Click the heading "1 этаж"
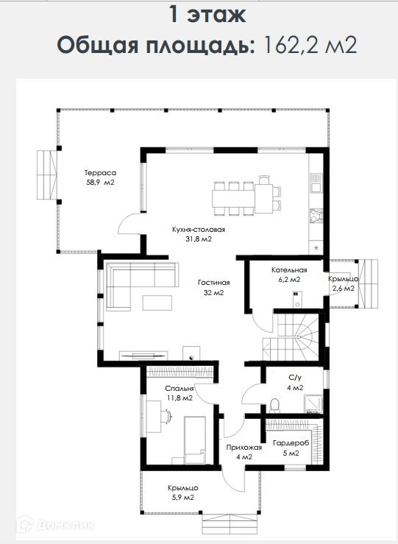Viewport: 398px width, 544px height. coord(207,14)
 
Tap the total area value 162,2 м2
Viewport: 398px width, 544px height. coord(310,45)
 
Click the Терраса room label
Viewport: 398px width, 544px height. coord(100,173)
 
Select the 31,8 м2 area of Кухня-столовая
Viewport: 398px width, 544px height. coord(199,239)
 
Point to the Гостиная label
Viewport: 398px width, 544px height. coord(214,283)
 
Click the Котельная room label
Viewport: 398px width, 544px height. coord(289,270)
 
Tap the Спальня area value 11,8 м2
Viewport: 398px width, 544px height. coord(180,398)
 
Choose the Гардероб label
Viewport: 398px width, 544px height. coord(291,443)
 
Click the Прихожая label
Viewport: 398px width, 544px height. coord(244,448)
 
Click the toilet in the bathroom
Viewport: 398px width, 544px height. coord(274,406)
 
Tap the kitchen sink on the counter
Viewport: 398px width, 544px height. coord(316,183)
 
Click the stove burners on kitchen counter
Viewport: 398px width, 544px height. coord(316,215)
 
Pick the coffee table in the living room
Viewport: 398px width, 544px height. coord(157,303)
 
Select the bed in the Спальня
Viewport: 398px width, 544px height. coord(194,440)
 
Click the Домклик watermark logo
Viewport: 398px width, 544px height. coord(56,525)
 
